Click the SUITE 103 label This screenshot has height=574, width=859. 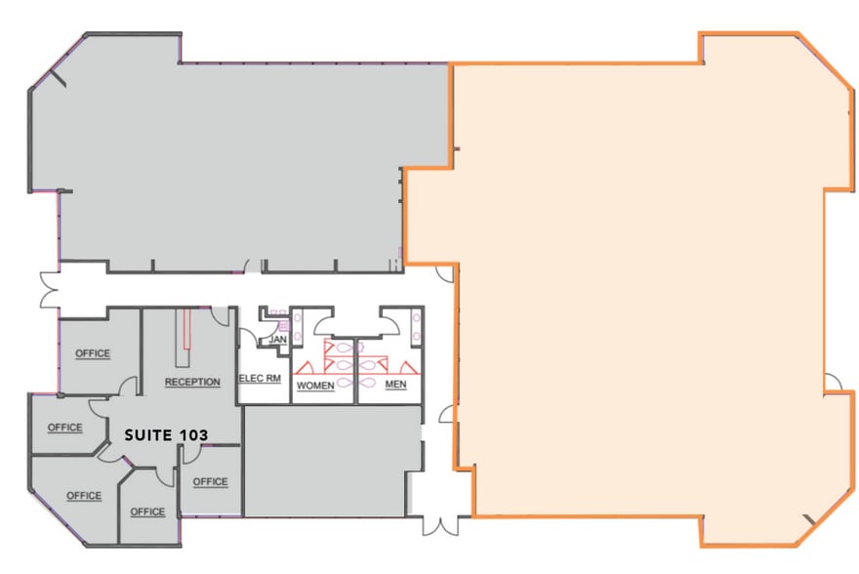166,435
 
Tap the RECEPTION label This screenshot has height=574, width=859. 192,382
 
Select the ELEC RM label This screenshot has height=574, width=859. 261,378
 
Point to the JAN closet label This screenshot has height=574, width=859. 278,340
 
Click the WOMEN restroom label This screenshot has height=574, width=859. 315,386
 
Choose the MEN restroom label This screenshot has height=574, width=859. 395,384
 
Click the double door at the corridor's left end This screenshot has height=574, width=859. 50,289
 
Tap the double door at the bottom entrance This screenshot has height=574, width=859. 440,525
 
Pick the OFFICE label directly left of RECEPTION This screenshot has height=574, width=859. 93,353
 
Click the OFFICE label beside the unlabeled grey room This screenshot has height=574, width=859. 211,481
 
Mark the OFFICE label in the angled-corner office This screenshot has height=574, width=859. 84,496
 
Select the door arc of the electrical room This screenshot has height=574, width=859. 248,337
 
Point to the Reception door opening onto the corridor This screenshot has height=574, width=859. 221,316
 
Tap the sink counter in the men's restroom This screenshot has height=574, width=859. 416,327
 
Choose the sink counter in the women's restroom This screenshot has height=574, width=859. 298,327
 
